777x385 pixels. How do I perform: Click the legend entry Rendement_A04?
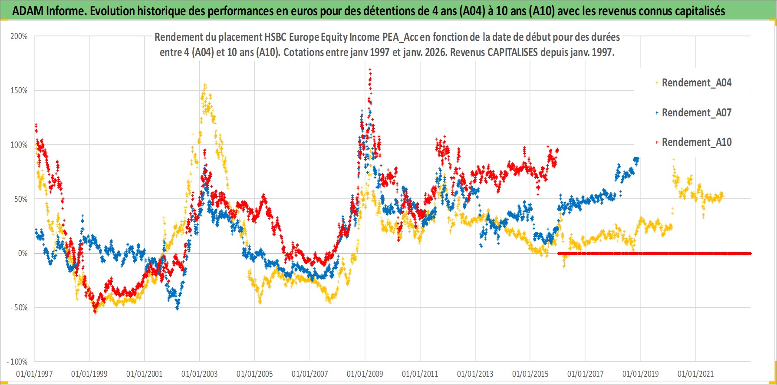[x=696, y=82]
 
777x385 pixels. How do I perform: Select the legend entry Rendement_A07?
[x=696, y=112]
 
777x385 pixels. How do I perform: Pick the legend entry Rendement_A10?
[x=696, y=142]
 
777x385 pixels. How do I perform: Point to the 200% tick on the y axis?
[x=19, y=36]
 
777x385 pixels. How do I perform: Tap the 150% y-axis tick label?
[x=19, y=91]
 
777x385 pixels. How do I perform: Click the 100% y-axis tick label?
[x=19, y=145]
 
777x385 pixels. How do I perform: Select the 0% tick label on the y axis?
[x=23, y=253]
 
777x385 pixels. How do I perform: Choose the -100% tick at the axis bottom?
[x=17, y=362]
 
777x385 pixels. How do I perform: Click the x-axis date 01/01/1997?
[x=34, y=374]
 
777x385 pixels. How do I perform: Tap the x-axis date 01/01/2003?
[x=199, y=374]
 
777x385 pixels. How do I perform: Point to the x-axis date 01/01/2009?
[x=365, y=374]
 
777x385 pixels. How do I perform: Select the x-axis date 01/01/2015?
[x=530, y=374]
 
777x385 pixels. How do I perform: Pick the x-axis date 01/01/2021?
[x=695, y=374]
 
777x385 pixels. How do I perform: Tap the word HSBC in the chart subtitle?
[x=275, y=37]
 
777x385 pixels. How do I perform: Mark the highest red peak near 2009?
[x=370, y=69]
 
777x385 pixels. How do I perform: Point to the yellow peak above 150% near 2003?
[x=205, y=85]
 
